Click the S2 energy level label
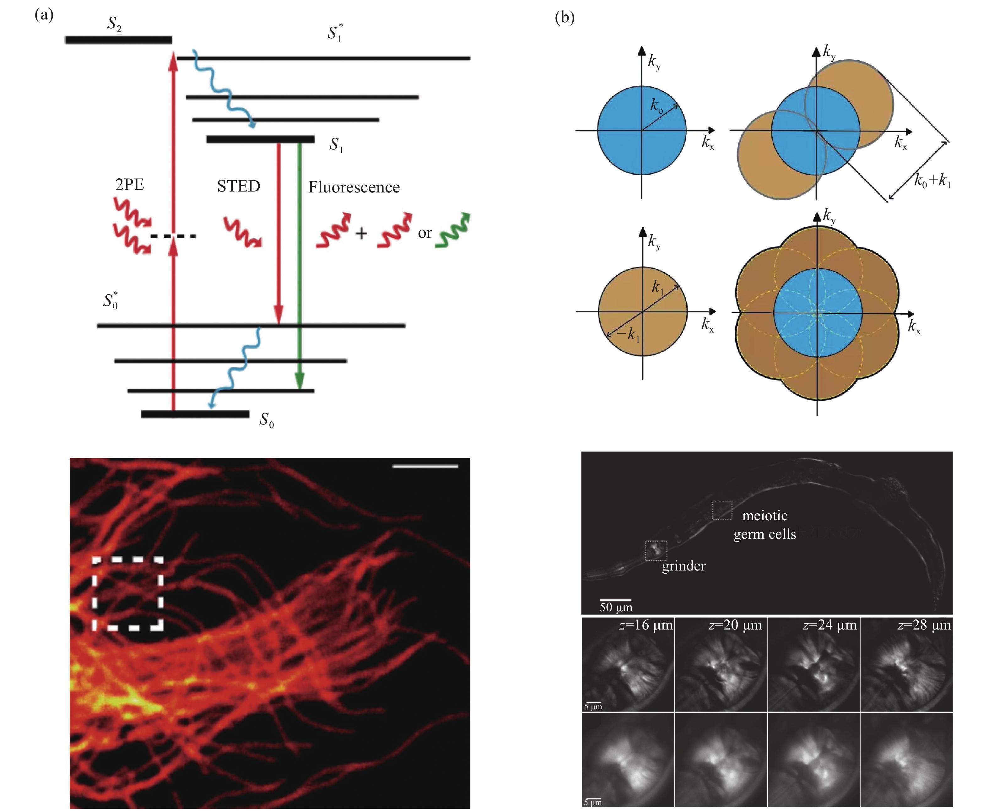[x=115, y=23]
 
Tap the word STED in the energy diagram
[x=238, y=187]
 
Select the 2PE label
[x=129, y=185]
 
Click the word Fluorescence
[x=354, y=187]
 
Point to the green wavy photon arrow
[x=452, y=231]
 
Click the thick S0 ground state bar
[x=195, y=414]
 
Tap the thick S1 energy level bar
[x=260, y=139]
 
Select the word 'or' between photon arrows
[x=425, y=233]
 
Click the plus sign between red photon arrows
[x=361, y=233]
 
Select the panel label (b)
[x=564, y=18]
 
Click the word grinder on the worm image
[x=684, y=566]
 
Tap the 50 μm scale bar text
[x=616, y=607]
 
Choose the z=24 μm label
[x=829, y=625]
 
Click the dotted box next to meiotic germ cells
[x=722, y=511]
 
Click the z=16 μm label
[x=646, y=625]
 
